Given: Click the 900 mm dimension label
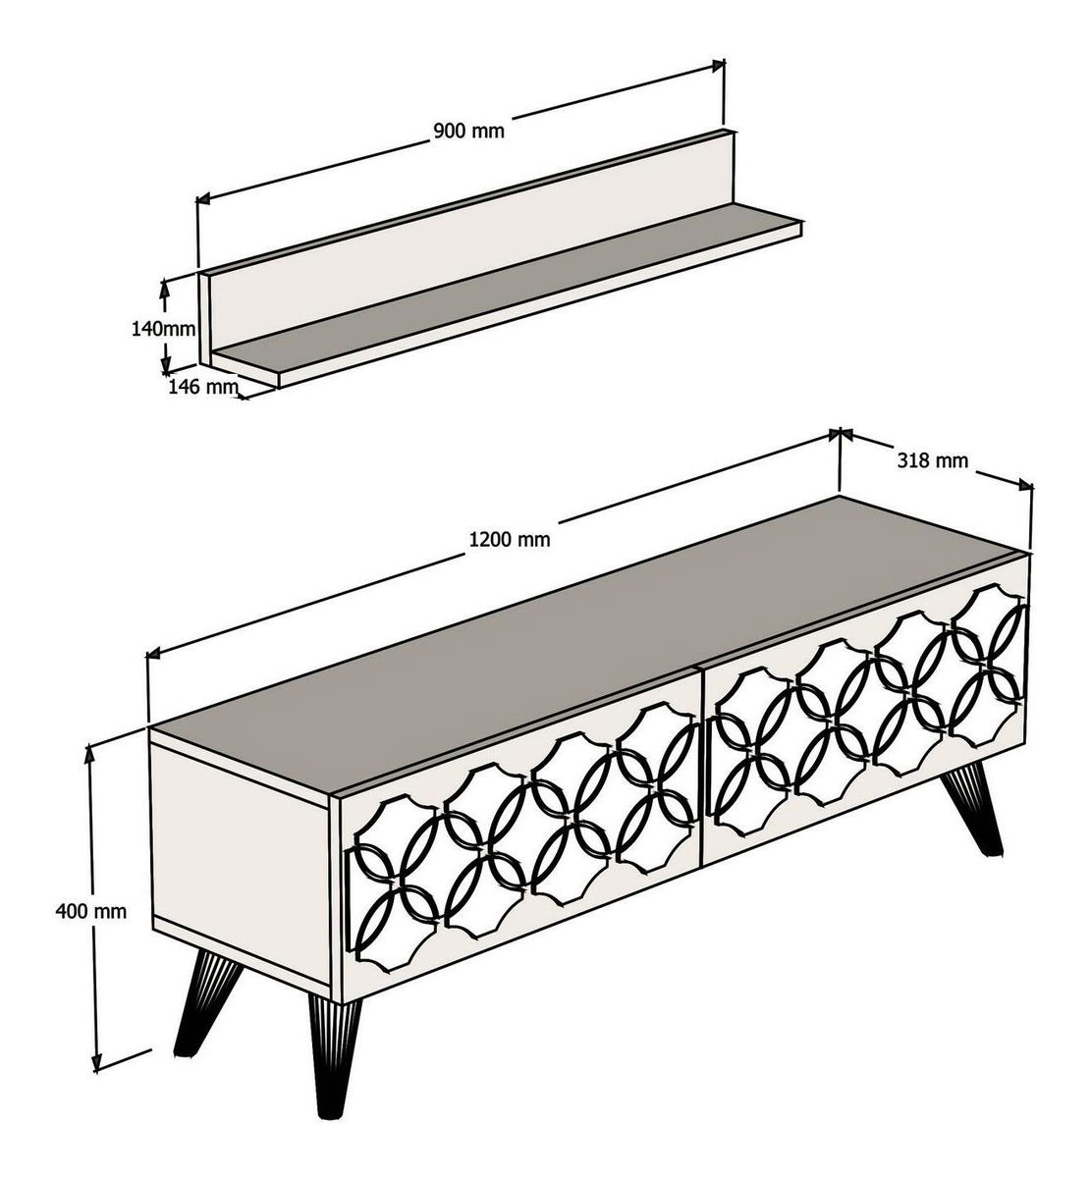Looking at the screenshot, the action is coord(468,131).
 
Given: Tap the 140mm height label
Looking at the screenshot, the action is coord(163,328).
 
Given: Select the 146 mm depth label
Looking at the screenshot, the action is coord(203,387).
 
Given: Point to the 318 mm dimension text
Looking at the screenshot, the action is coord(932,460).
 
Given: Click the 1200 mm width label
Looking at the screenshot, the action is coord(510,539).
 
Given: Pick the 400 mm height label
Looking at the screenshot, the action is coord(90,910).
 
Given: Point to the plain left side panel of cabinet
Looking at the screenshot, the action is coord(241,863).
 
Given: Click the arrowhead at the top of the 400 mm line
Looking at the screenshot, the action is coord(90,752).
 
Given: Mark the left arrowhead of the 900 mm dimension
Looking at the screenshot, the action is coord(204,198).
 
